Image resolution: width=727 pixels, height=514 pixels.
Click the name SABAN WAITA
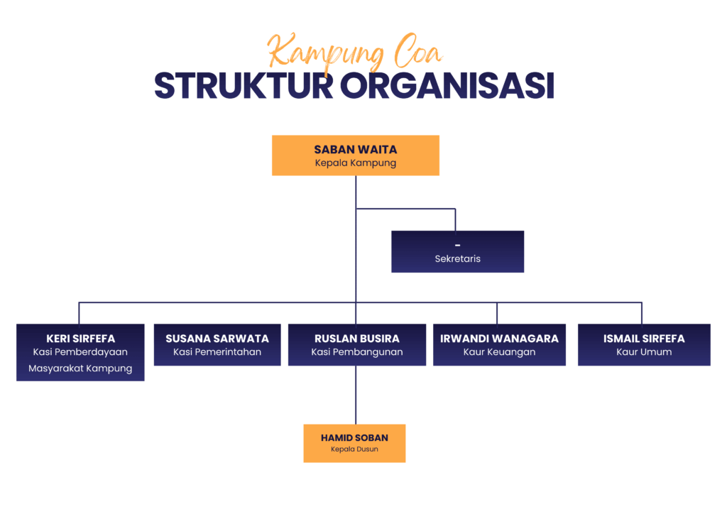pyautogui.click(x=356, y=150)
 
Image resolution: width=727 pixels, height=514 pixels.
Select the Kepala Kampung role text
pyautogui.click(x=356, y=163)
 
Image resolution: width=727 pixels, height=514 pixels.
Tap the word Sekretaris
pyautogui.click(x=458, y=258)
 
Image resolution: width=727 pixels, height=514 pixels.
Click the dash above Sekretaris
pyautogui.click(x=458, y=245)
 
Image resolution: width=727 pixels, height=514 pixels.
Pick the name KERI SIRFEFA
pyautogui.click(x=81, y=339)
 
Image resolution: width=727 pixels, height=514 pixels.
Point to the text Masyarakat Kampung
pyautogui.click(x=80, y=368)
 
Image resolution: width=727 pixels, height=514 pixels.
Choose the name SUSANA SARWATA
pyautogui.click(x=217, y=339)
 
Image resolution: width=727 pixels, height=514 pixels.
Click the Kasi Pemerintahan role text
pyautogui.click(x=217, y=352)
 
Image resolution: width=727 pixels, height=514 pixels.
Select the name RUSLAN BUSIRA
pyautogui.click(x=357, y=339)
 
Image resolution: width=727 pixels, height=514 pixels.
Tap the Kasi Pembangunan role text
pyautogui.click(x=357, y=352)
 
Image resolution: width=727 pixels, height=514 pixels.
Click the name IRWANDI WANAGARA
pyautogui.click(x=499, y=339)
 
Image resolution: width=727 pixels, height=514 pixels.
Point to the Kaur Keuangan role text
pyautogui.click(x=499, y=352)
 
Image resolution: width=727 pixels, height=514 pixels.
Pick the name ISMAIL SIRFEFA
pyautogui.click(x=644, y=339)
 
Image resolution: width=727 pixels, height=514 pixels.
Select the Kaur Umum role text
pyautogui.click(x=644, y=352)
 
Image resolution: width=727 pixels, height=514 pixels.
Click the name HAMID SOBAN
pyautogui.click(x=355, y=438)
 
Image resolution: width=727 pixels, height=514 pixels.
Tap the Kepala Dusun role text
pyautogui.click(x=355, y=449)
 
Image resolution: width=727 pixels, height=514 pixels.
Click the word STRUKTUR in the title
pyautogui.click(x=244, y=86)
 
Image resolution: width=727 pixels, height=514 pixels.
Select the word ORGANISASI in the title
pyautogui.click(x=447, y=86)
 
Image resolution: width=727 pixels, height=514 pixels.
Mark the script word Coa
pyautogui.click(x=417, y=51)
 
